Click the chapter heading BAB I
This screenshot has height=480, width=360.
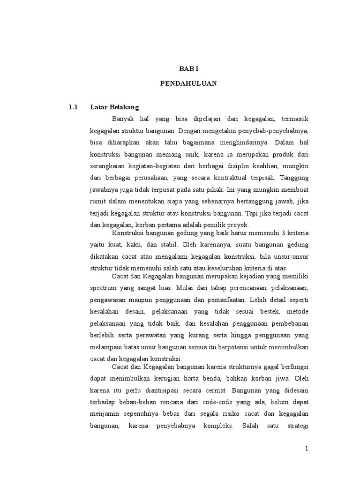(189, 68)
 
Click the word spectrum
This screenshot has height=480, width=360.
(104, 287)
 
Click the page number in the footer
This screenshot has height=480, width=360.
(307, 449)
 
